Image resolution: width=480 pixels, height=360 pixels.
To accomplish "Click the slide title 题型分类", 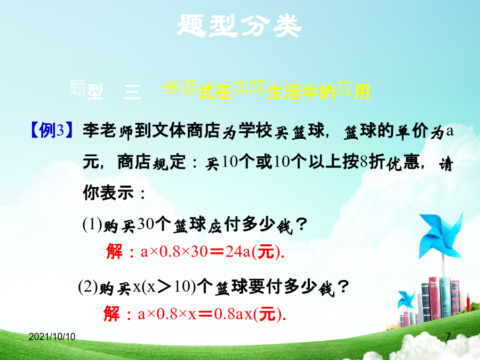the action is coord(239,26).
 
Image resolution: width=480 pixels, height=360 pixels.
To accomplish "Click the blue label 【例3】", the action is coord(52,131).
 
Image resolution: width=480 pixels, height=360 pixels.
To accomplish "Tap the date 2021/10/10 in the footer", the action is coord(52,337).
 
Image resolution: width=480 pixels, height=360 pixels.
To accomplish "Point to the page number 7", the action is coord(449,337).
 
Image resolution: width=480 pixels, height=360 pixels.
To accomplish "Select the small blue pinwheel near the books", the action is coord(406,300).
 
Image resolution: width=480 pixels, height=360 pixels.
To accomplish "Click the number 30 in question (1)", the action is coord(146,224).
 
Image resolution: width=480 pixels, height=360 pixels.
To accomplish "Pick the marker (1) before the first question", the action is coord(92,225).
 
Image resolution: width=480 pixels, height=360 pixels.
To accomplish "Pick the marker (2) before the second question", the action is coord(88,287).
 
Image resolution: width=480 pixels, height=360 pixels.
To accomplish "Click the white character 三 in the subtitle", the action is coord(132,92).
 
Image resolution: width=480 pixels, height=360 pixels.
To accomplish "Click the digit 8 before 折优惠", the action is coord(364,161).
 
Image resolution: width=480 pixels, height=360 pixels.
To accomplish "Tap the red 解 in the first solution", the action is coord(115,251).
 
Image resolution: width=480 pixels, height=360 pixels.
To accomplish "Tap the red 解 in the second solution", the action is coord(112,314).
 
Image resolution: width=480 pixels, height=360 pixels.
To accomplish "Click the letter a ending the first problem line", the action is coord(450,131).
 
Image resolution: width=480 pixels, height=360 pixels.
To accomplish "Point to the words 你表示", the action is coord(108,193).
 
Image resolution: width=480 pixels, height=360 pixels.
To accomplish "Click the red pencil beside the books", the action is coord(468,303).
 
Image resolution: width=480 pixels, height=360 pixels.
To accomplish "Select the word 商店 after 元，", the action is coord(134,162).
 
